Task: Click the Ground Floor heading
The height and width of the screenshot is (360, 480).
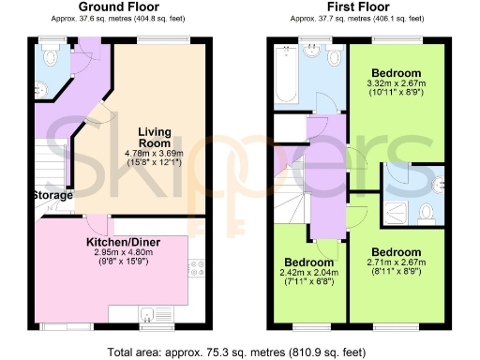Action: [x=117, y=7]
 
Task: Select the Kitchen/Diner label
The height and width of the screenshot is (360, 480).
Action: [x=119, y=241]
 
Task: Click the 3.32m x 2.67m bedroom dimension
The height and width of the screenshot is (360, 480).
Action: [x=397, y=85]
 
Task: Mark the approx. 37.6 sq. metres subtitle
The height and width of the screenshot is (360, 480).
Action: [x=117, y=18]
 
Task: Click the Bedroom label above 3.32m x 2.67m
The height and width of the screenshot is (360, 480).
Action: [x=397, y=73]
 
